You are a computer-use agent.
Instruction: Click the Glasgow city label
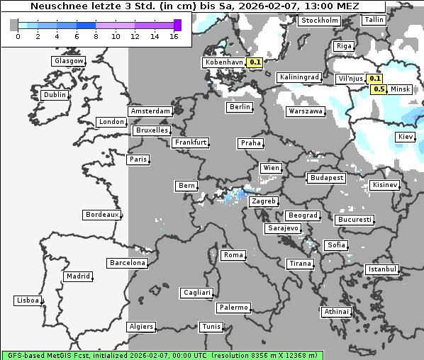click(69, 61)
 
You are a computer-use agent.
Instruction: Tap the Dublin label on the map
click(55, 95)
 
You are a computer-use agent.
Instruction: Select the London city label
click(111, 122)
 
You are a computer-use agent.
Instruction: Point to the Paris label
click(138, 159)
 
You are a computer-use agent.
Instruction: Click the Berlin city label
click(240, 107)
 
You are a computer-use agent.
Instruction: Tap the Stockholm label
click(319, 21)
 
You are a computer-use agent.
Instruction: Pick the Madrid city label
click(78, 276)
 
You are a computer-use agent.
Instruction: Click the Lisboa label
click(28, 300)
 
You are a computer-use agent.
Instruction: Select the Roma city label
click(233, 255)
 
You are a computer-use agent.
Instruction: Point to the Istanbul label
click(382, 270)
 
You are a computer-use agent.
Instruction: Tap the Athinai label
click(336, 312)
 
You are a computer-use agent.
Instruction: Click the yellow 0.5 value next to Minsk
click(379, 89)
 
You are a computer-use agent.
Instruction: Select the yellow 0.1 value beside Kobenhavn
click(255, 62)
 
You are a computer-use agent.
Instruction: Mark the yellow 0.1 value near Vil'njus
click(375, 79)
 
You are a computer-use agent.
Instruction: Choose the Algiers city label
click(140, 327)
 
